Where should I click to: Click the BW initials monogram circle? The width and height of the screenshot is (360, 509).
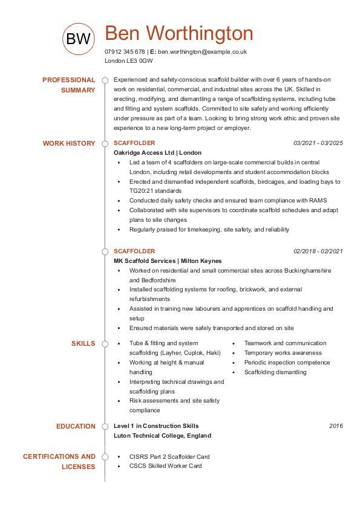pos(79,39)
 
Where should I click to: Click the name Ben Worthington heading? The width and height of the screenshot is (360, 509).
pos(179,33)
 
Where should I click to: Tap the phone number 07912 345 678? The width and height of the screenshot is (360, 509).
pos(125,52)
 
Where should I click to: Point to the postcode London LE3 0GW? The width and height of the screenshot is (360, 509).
pos(128,61)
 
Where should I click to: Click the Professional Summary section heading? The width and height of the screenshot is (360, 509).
pos(69,85)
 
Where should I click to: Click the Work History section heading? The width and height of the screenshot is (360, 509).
pos(69,143)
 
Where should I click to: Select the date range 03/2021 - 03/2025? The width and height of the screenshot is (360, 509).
pos(318,143)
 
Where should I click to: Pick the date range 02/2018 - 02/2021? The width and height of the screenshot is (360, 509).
pos(318,251)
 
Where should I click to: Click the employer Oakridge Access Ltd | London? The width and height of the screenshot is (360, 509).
pos(157,153)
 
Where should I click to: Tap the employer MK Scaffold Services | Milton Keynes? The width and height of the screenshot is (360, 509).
pos(168,261)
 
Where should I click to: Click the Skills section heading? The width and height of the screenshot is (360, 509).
pos(83,343)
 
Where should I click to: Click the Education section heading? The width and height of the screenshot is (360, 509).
pos(76,426)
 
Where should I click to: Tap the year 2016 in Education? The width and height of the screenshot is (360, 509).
pos(336,426)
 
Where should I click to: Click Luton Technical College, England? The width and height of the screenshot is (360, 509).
pos(162,435)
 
